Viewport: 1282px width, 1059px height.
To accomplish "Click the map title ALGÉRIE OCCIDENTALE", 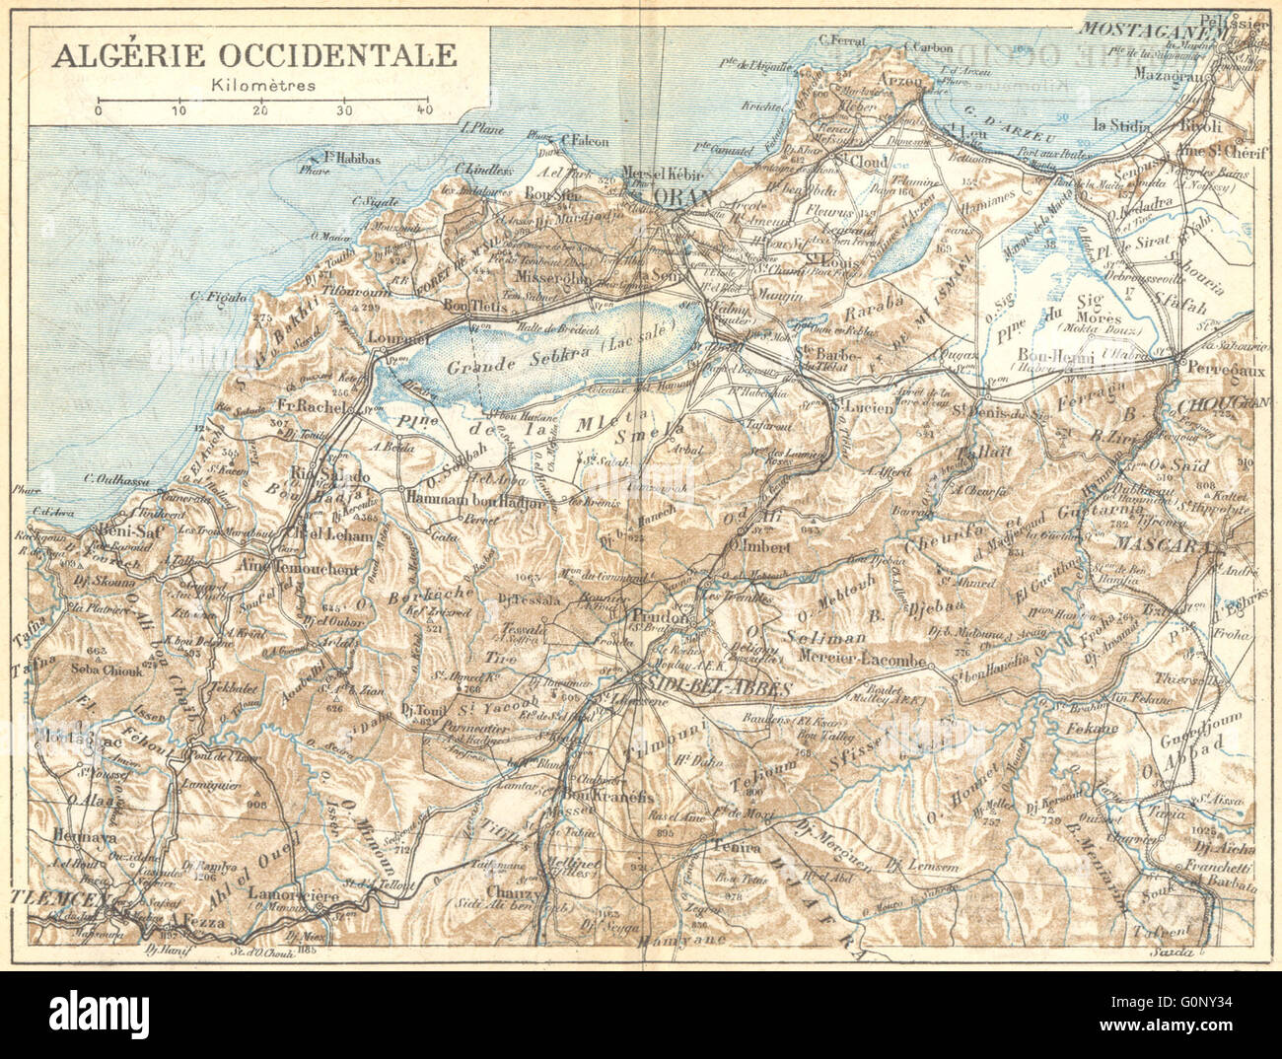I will [x=254, y=54].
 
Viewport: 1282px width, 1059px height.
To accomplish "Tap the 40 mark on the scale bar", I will [x=425, y=109].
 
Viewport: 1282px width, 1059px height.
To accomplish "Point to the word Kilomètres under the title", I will [x=262, y=85].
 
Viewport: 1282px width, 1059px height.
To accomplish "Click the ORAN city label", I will [x=682, y=198].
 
